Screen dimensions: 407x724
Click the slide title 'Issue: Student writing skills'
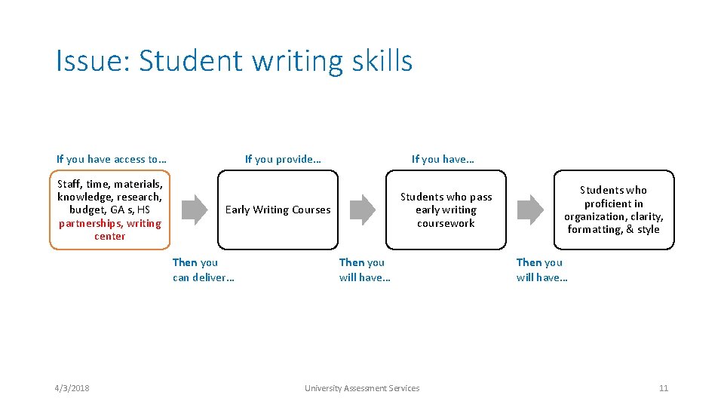[x=234, y=61]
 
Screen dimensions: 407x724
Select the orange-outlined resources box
[x=110, y=210]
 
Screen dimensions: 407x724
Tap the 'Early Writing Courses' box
[x=278, y=210]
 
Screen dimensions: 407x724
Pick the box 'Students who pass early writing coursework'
[x=446, y=210]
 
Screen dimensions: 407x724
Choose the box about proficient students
[x=613, y=210]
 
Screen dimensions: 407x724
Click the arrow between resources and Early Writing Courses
[x=195, y=210]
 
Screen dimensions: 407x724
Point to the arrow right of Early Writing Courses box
[x=363, y=210]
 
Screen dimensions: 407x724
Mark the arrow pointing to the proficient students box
[x=530, y=210]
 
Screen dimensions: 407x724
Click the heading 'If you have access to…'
[x=112, y=159]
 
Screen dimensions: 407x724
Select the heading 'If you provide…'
[x=283, y=159]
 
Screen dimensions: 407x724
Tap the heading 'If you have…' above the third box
[x=443, y=159]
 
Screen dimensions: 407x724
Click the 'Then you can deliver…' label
[x=203, y=270]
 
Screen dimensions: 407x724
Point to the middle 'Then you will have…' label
[x=364, y=270]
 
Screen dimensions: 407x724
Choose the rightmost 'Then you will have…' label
[x=541, y=270]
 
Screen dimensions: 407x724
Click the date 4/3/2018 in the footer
[x=72, y=388]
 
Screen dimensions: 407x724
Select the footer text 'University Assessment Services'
[x=362, y=388]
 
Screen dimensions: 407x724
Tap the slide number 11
[x=664, y=388]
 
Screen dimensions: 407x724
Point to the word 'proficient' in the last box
[x=613, y=203]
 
